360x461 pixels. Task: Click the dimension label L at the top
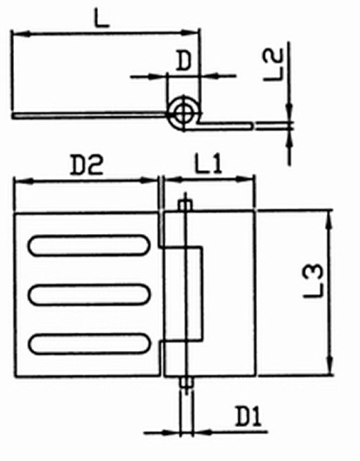101,18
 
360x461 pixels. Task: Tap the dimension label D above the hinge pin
183,61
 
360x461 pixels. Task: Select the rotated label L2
273,65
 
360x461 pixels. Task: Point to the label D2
87,165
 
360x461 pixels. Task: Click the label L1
208,164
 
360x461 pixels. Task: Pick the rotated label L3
314,281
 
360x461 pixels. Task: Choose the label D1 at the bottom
248,416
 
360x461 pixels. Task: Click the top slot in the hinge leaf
89,245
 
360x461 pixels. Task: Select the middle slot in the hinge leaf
89,294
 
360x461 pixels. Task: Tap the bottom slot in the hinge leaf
90,344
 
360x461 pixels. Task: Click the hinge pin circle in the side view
183,113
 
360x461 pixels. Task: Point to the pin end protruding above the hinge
185,204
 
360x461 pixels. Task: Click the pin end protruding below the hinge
187,382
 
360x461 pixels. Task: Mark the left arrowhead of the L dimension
21,33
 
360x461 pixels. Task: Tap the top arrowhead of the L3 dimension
329,219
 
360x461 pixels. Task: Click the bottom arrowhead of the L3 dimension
330,365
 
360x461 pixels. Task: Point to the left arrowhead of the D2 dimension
23,182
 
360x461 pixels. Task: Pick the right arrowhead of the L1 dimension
246,178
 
